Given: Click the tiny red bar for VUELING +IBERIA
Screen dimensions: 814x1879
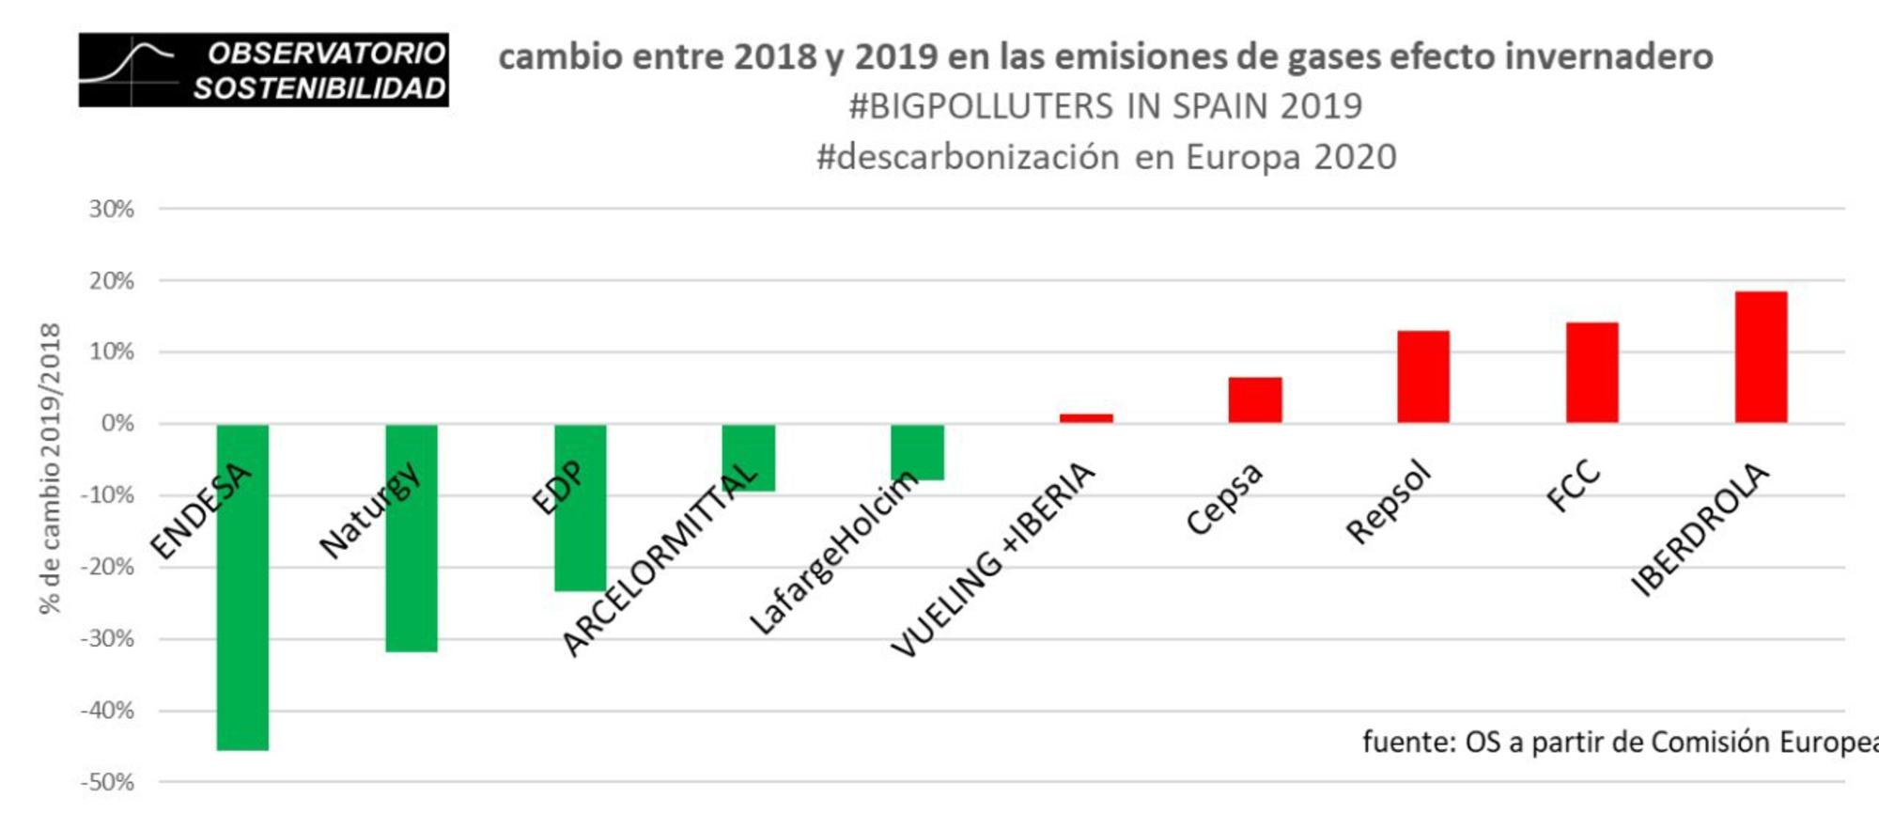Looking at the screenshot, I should click(1086, 418).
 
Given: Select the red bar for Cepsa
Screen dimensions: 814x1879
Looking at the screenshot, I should click(1255, 399).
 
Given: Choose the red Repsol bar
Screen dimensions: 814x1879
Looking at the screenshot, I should click(1423, 377).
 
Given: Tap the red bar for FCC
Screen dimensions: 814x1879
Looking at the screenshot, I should click(1592, 372).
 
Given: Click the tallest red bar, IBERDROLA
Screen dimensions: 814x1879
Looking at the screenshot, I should click(1761, 357).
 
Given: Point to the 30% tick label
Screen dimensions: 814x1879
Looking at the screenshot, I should click(112, 209).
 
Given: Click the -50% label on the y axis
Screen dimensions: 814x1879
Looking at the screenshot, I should click(107, 782).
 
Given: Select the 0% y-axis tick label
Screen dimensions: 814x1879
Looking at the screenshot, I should click(117, 423).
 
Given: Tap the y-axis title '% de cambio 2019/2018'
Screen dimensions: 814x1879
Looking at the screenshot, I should click(50, 468).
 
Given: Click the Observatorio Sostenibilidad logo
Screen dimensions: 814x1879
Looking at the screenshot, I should click(263, 70).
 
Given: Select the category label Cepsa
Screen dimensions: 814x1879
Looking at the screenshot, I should click(1224, 498).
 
